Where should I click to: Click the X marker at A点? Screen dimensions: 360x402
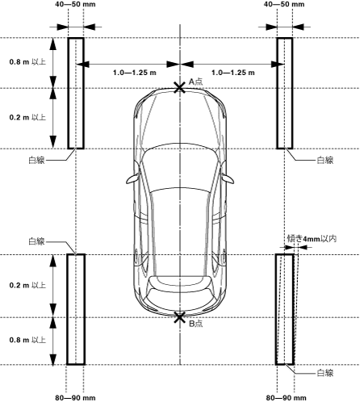[x=180, y=88]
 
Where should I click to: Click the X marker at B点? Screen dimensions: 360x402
[x=180, y=317]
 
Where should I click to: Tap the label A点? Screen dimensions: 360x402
[x=195, y=82]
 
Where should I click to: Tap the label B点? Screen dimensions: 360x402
[x=195, y=324]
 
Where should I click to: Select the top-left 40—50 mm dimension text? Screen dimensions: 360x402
[x=75, y=4]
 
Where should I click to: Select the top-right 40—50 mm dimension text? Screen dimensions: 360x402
[x=284, y=4]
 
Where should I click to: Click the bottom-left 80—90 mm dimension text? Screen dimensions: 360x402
[x=75, y=398]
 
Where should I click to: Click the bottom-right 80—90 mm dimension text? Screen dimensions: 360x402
[x=287, y=398]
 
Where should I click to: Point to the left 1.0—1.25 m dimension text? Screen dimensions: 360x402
[x=135, y=73]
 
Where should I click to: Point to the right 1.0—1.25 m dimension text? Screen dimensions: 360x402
[x=233, y=73]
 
